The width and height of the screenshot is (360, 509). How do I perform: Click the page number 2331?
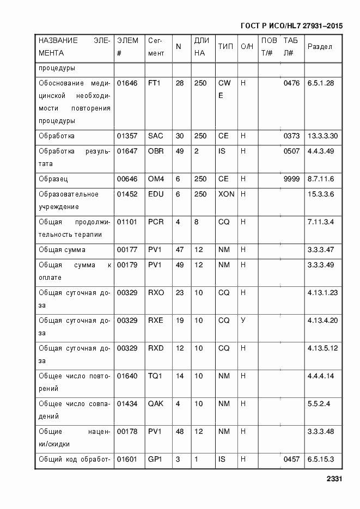pyautogui.click(x=333, y=479)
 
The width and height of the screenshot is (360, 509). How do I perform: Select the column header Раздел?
pyautogui.click(x=320, y=47)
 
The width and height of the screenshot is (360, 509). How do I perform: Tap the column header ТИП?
pyautogui.click(x=225, y=47)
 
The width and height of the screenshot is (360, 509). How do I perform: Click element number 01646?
pyautogui.click(x=127, y=83)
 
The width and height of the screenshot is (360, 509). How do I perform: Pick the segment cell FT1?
pyautogui.click(x=155, y=83)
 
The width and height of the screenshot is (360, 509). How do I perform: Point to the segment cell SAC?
pyautogui.click(x=155, y=136)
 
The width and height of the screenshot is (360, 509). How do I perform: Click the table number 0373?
pyautogui.click(x=291, y=136)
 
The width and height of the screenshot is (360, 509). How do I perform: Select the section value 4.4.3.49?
pyautogui.click(x=322, y=151)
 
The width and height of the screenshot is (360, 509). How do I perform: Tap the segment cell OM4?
pyautogui.click(x=156, y=179)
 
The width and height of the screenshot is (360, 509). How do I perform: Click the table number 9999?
pyautogui.click(x=291, y=179)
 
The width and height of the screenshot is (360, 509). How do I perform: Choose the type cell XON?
pyautogui.click(x=226, y=194)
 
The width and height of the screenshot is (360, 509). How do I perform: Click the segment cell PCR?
pyautogui.click(x=156, y=222)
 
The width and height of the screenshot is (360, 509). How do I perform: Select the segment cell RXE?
pyautogui.click(x=156, y=321)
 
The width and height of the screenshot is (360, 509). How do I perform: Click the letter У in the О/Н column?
pyautogui.click(x=243, y=321)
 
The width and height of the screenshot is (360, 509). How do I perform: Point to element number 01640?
pyautogui.click(x=127, y=376)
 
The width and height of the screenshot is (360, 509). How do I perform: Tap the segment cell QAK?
pyautogui.click(x=156, y=404)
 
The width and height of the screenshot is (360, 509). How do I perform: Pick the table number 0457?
pyautogui.click(x=291, y=459)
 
